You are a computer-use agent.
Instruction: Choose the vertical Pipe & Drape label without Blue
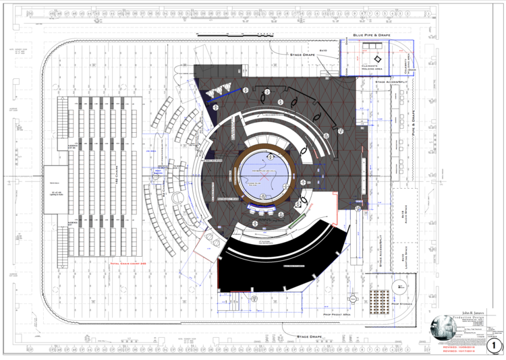pos(413,125)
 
